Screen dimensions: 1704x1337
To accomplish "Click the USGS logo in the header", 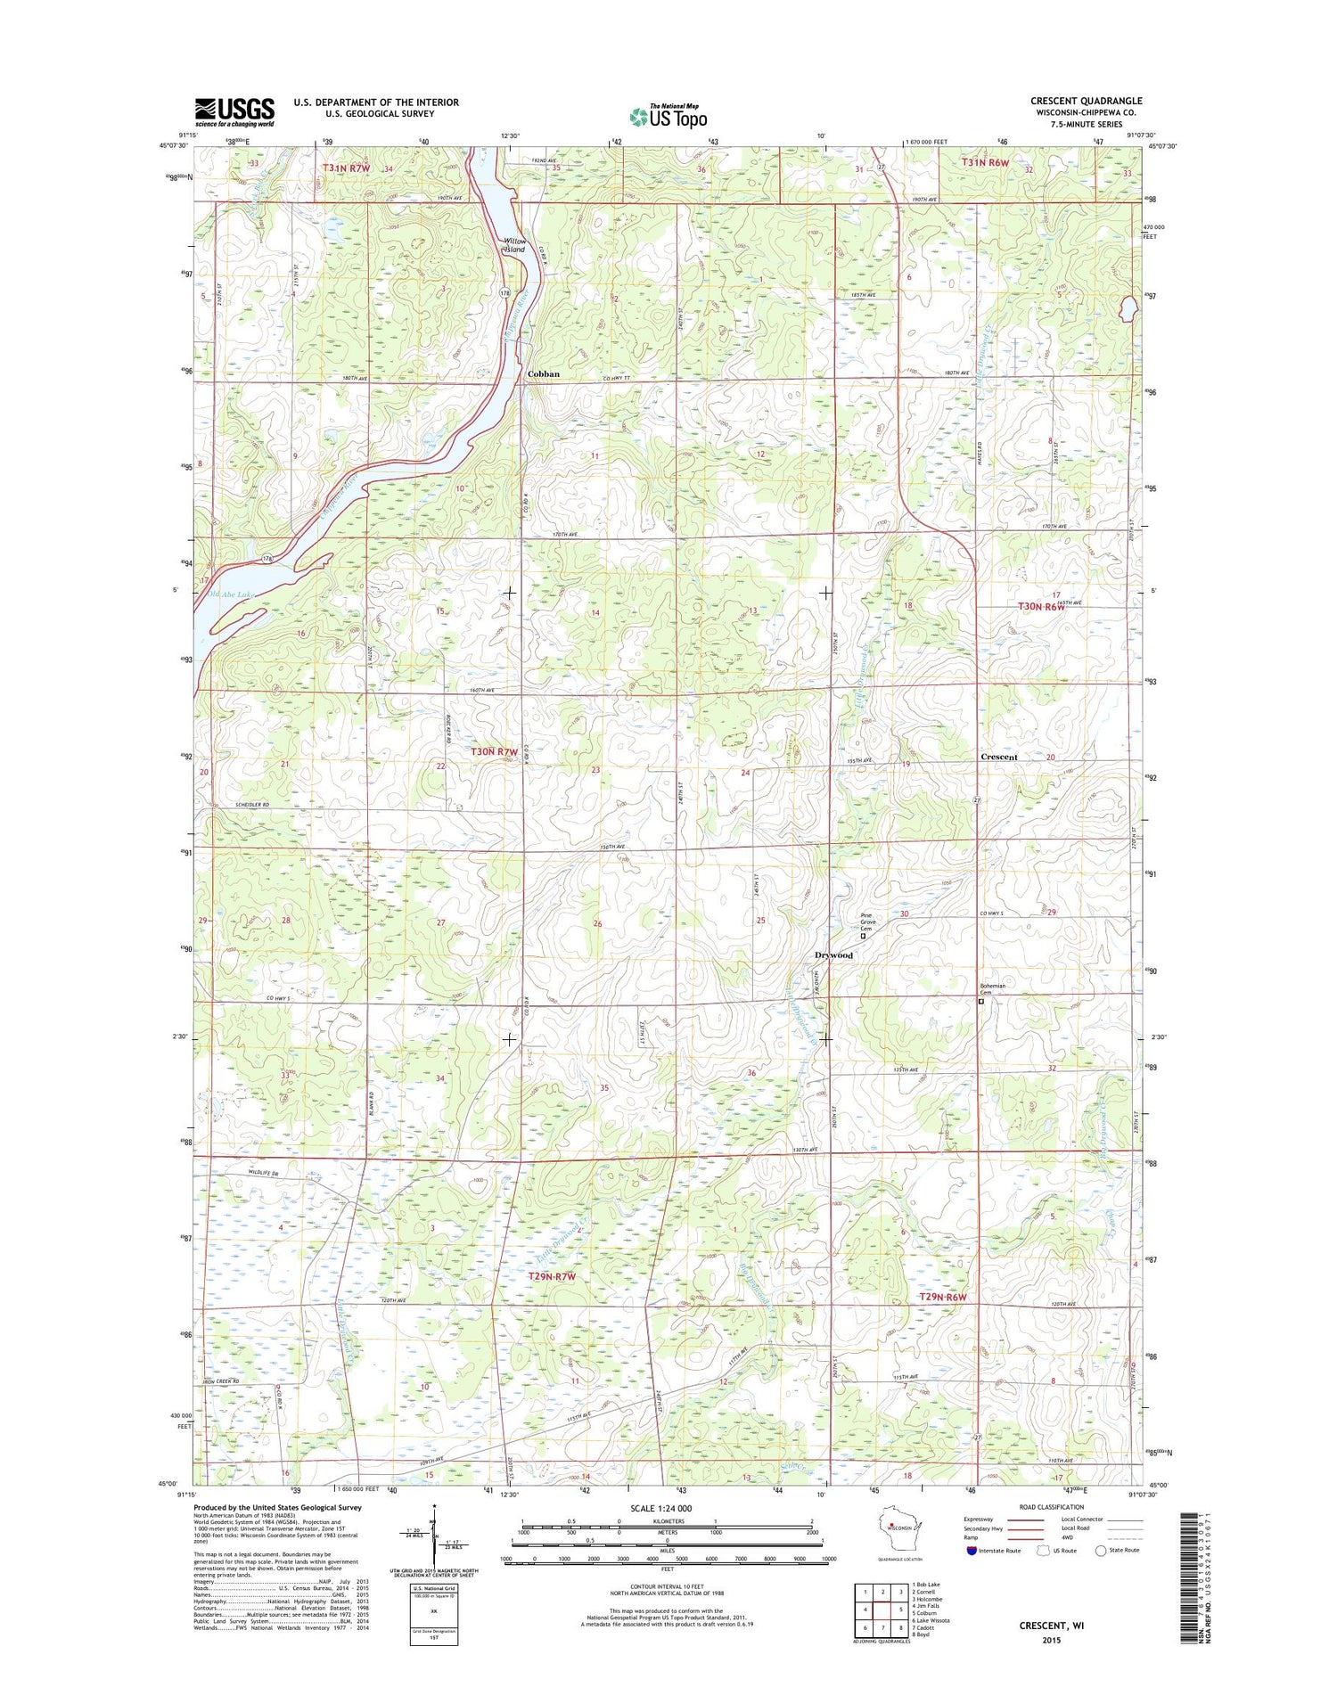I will tap(235, 111).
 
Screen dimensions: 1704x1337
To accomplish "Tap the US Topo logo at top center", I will tap(668, 116).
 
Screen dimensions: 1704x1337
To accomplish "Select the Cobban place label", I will tap(543, 374).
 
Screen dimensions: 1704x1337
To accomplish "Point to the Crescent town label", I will tap(998, 757).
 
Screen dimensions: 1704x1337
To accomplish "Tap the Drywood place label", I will tap(833, 955).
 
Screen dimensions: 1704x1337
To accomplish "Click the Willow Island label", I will tap(514, 245).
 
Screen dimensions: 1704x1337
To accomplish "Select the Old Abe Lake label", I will tap(230, 594).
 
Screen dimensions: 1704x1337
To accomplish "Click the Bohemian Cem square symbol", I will tap(981, 1001).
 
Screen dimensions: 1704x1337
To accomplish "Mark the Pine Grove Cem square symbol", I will tap(863, 936).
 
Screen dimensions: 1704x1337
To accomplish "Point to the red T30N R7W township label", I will tap(494, 752).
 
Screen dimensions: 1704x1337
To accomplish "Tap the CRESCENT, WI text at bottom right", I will tap(1052, 1626).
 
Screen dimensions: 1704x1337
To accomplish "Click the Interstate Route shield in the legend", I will tap(971, 1551).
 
